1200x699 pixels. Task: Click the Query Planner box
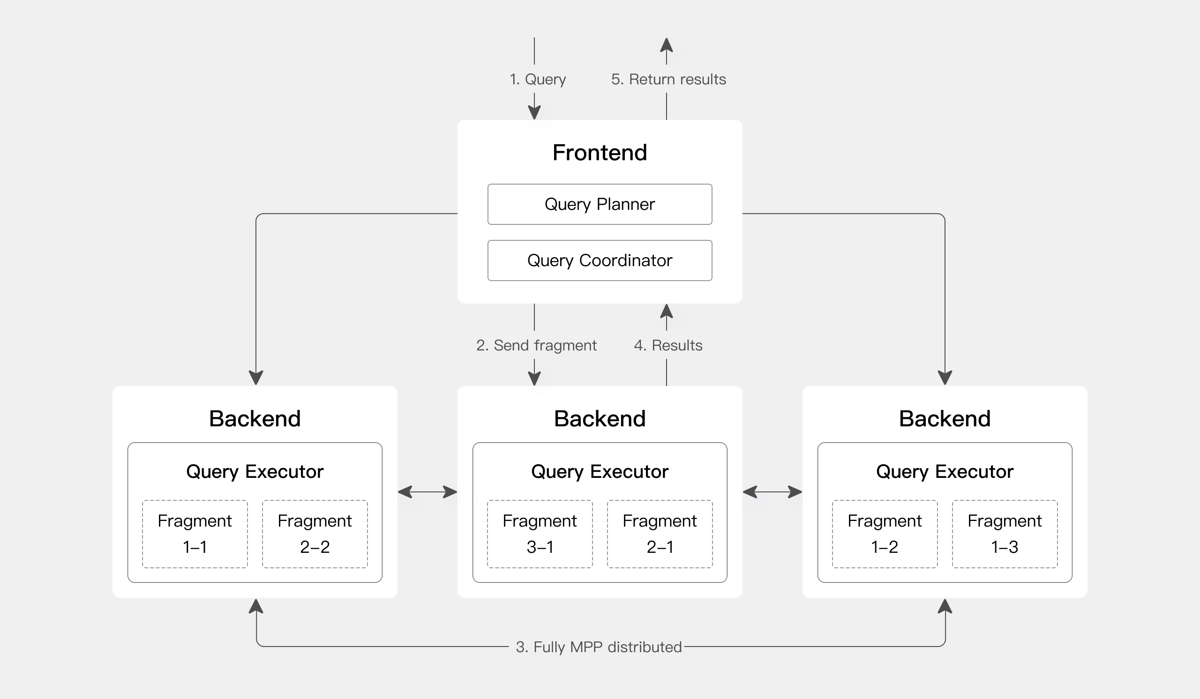[x=600, y=204]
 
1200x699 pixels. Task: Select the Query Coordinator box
[x=600, y=260]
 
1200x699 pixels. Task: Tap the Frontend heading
[x=600, y=153]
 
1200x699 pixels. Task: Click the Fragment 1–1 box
[x=195, y=534]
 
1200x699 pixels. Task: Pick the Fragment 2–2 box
[x=315, y=534]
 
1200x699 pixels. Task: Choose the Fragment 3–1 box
[x=540, y=534]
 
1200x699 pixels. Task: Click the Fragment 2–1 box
[x=660, y=534]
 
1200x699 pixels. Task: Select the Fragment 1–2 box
[x=884, y=534]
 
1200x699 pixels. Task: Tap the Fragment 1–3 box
[x=1004, y=534]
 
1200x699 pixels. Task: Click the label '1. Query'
[x=538, y=79]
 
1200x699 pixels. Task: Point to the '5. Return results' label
[x=668, y=79]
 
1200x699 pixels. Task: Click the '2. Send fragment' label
[x=536, y=345]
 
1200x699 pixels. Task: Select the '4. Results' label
[x=667, y=345]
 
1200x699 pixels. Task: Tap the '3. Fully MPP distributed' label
[x=599, y=647]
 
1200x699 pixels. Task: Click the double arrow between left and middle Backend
[x=427, y=491]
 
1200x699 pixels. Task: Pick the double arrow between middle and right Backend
[x=772, y=491]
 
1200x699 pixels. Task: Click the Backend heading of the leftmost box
[x=255, y=419]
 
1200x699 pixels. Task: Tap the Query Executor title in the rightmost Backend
[x=944, y=472]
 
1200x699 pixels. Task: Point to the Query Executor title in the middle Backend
[x=600, y=472]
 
